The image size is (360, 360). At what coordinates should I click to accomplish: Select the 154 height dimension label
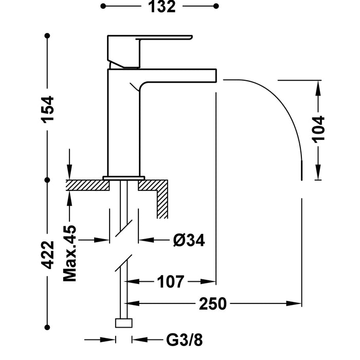pyautogui.click(x=48, y=109)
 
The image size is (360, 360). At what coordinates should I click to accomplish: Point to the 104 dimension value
pyautogui.click(x=318, y=129)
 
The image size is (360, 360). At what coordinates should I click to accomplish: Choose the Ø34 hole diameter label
pyautogui.click(x=189, y=240)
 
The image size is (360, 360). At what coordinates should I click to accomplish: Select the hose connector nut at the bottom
pyautogui.click(x=123, y=323)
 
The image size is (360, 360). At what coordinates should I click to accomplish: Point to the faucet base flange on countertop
pyautogui.click(x=123, y=178)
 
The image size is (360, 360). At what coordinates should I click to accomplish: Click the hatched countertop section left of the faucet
pyautogui.click(x=87, y=185)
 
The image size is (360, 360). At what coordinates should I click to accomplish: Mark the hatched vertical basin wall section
pyautogui.click(x=163, y=201)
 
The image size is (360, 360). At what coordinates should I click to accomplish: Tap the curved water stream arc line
pyautogui.click(x=283, y=108)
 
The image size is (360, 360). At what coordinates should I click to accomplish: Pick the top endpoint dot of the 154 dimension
pyautogui.click(x=48, y=35)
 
